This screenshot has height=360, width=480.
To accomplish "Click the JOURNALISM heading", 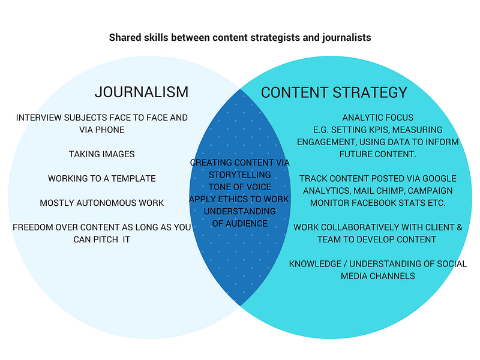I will tap(142, 92).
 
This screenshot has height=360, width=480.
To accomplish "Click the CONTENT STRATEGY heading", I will tap(334, 92).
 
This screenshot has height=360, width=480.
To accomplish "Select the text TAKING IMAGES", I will tap(101, 154).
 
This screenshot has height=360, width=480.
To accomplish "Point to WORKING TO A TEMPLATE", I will tap(102, 178).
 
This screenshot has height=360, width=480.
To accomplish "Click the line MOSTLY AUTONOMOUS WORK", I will tap(101, 203).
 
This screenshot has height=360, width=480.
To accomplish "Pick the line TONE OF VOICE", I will tap(239, 187).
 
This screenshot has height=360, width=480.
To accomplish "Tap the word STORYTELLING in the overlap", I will tap(239, 175).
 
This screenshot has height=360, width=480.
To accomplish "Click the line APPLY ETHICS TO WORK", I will tap(239, 199).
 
